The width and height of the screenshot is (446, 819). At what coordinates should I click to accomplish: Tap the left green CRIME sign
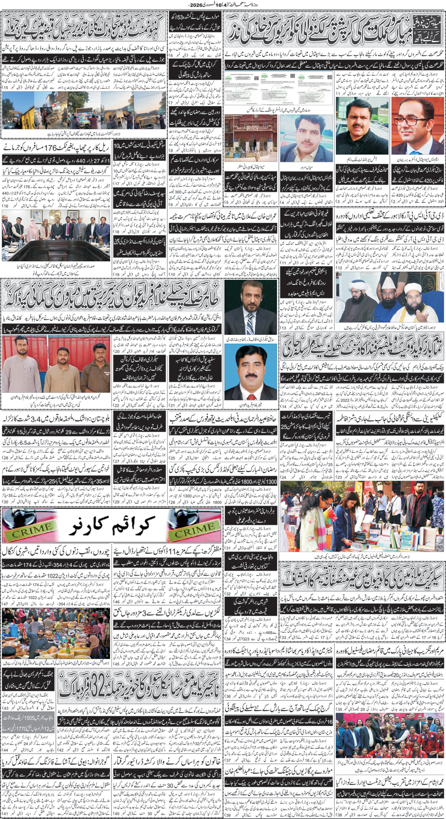coord(30,526)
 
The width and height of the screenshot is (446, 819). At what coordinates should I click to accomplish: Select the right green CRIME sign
coord(194,526)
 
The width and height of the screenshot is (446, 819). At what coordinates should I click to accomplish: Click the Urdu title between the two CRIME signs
coord(111,526)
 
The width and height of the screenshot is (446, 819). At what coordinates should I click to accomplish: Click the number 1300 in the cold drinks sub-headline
coord(271,481)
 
